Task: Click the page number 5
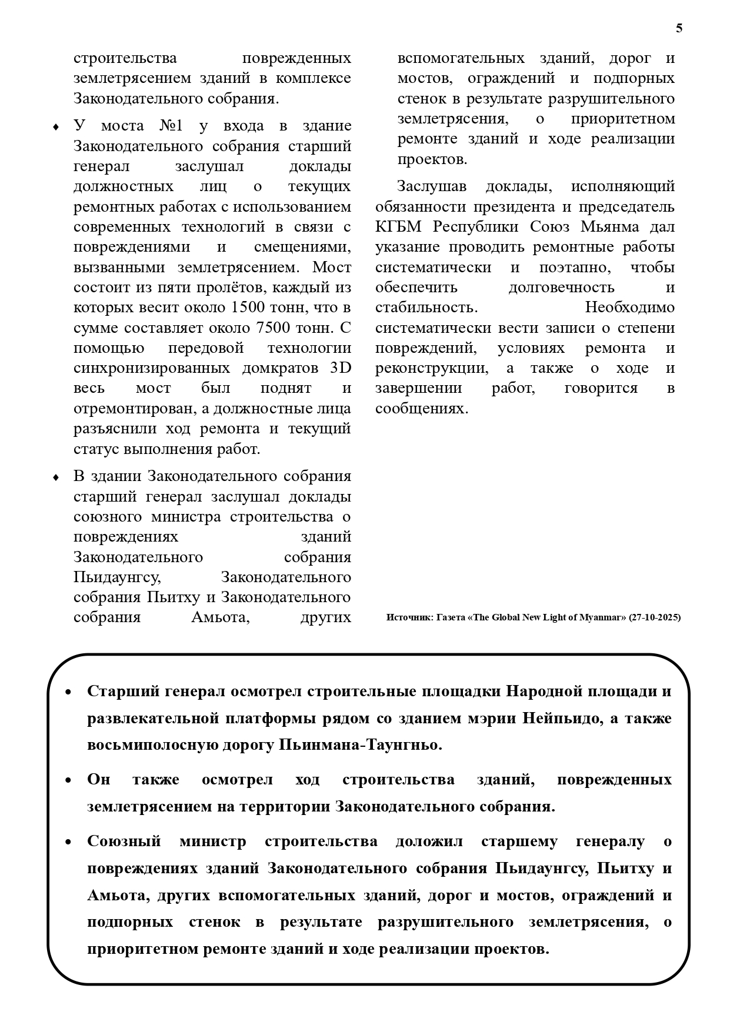(679, 28)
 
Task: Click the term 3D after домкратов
(340, 368)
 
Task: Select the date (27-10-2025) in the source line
(655, 617)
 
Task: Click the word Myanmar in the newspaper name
(602, 617)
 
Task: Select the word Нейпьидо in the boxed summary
(562, 718)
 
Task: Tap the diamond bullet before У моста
(56, 127)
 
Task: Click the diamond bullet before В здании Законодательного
(56, 477)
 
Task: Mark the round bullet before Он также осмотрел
(68, 780)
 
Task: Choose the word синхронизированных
(152, 368)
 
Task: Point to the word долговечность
(561, 287)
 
